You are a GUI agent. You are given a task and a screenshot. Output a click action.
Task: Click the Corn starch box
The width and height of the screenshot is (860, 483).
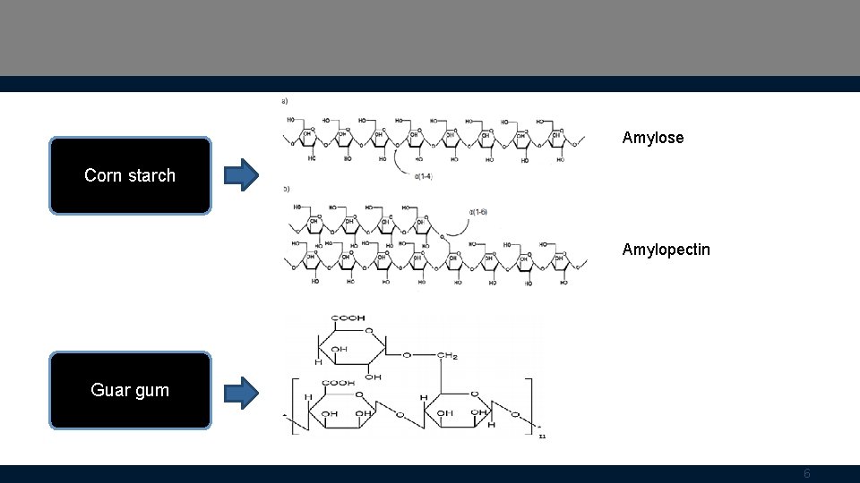[x=130, y=175]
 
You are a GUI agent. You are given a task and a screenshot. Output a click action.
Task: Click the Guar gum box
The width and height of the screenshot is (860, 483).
[x=130, y=390]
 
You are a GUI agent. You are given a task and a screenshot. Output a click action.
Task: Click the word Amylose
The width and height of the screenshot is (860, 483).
[x=652, y=138]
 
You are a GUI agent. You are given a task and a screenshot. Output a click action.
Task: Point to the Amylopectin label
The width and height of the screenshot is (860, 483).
[x=666, y=250]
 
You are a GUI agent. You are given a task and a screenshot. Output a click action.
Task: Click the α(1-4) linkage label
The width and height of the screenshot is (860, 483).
[x=424, y=176]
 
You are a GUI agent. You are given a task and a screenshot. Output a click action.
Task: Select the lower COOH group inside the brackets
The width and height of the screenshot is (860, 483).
[x=339, y=383]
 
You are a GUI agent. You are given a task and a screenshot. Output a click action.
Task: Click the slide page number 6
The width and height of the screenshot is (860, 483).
[x=806, y=474]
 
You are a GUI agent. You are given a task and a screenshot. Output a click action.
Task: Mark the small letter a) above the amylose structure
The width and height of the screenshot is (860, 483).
[x=285, y=101]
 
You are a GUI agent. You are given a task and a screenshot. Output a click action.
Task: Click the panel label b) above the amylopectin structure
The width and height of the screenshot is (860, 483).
[x=285, y=189]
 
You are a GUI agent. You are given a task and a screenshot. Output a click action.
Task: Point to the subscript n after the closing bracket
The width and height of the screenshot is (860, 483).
[x=543, y=436]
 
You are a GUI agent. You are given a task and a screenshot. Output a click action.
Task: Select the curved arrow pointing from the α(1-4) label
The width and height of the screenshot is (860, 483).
[x=399, y=165]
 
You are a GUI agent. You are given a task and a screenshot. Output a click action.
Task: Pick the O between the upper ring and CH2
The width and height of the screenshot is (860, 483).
[x=407, y=355]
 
